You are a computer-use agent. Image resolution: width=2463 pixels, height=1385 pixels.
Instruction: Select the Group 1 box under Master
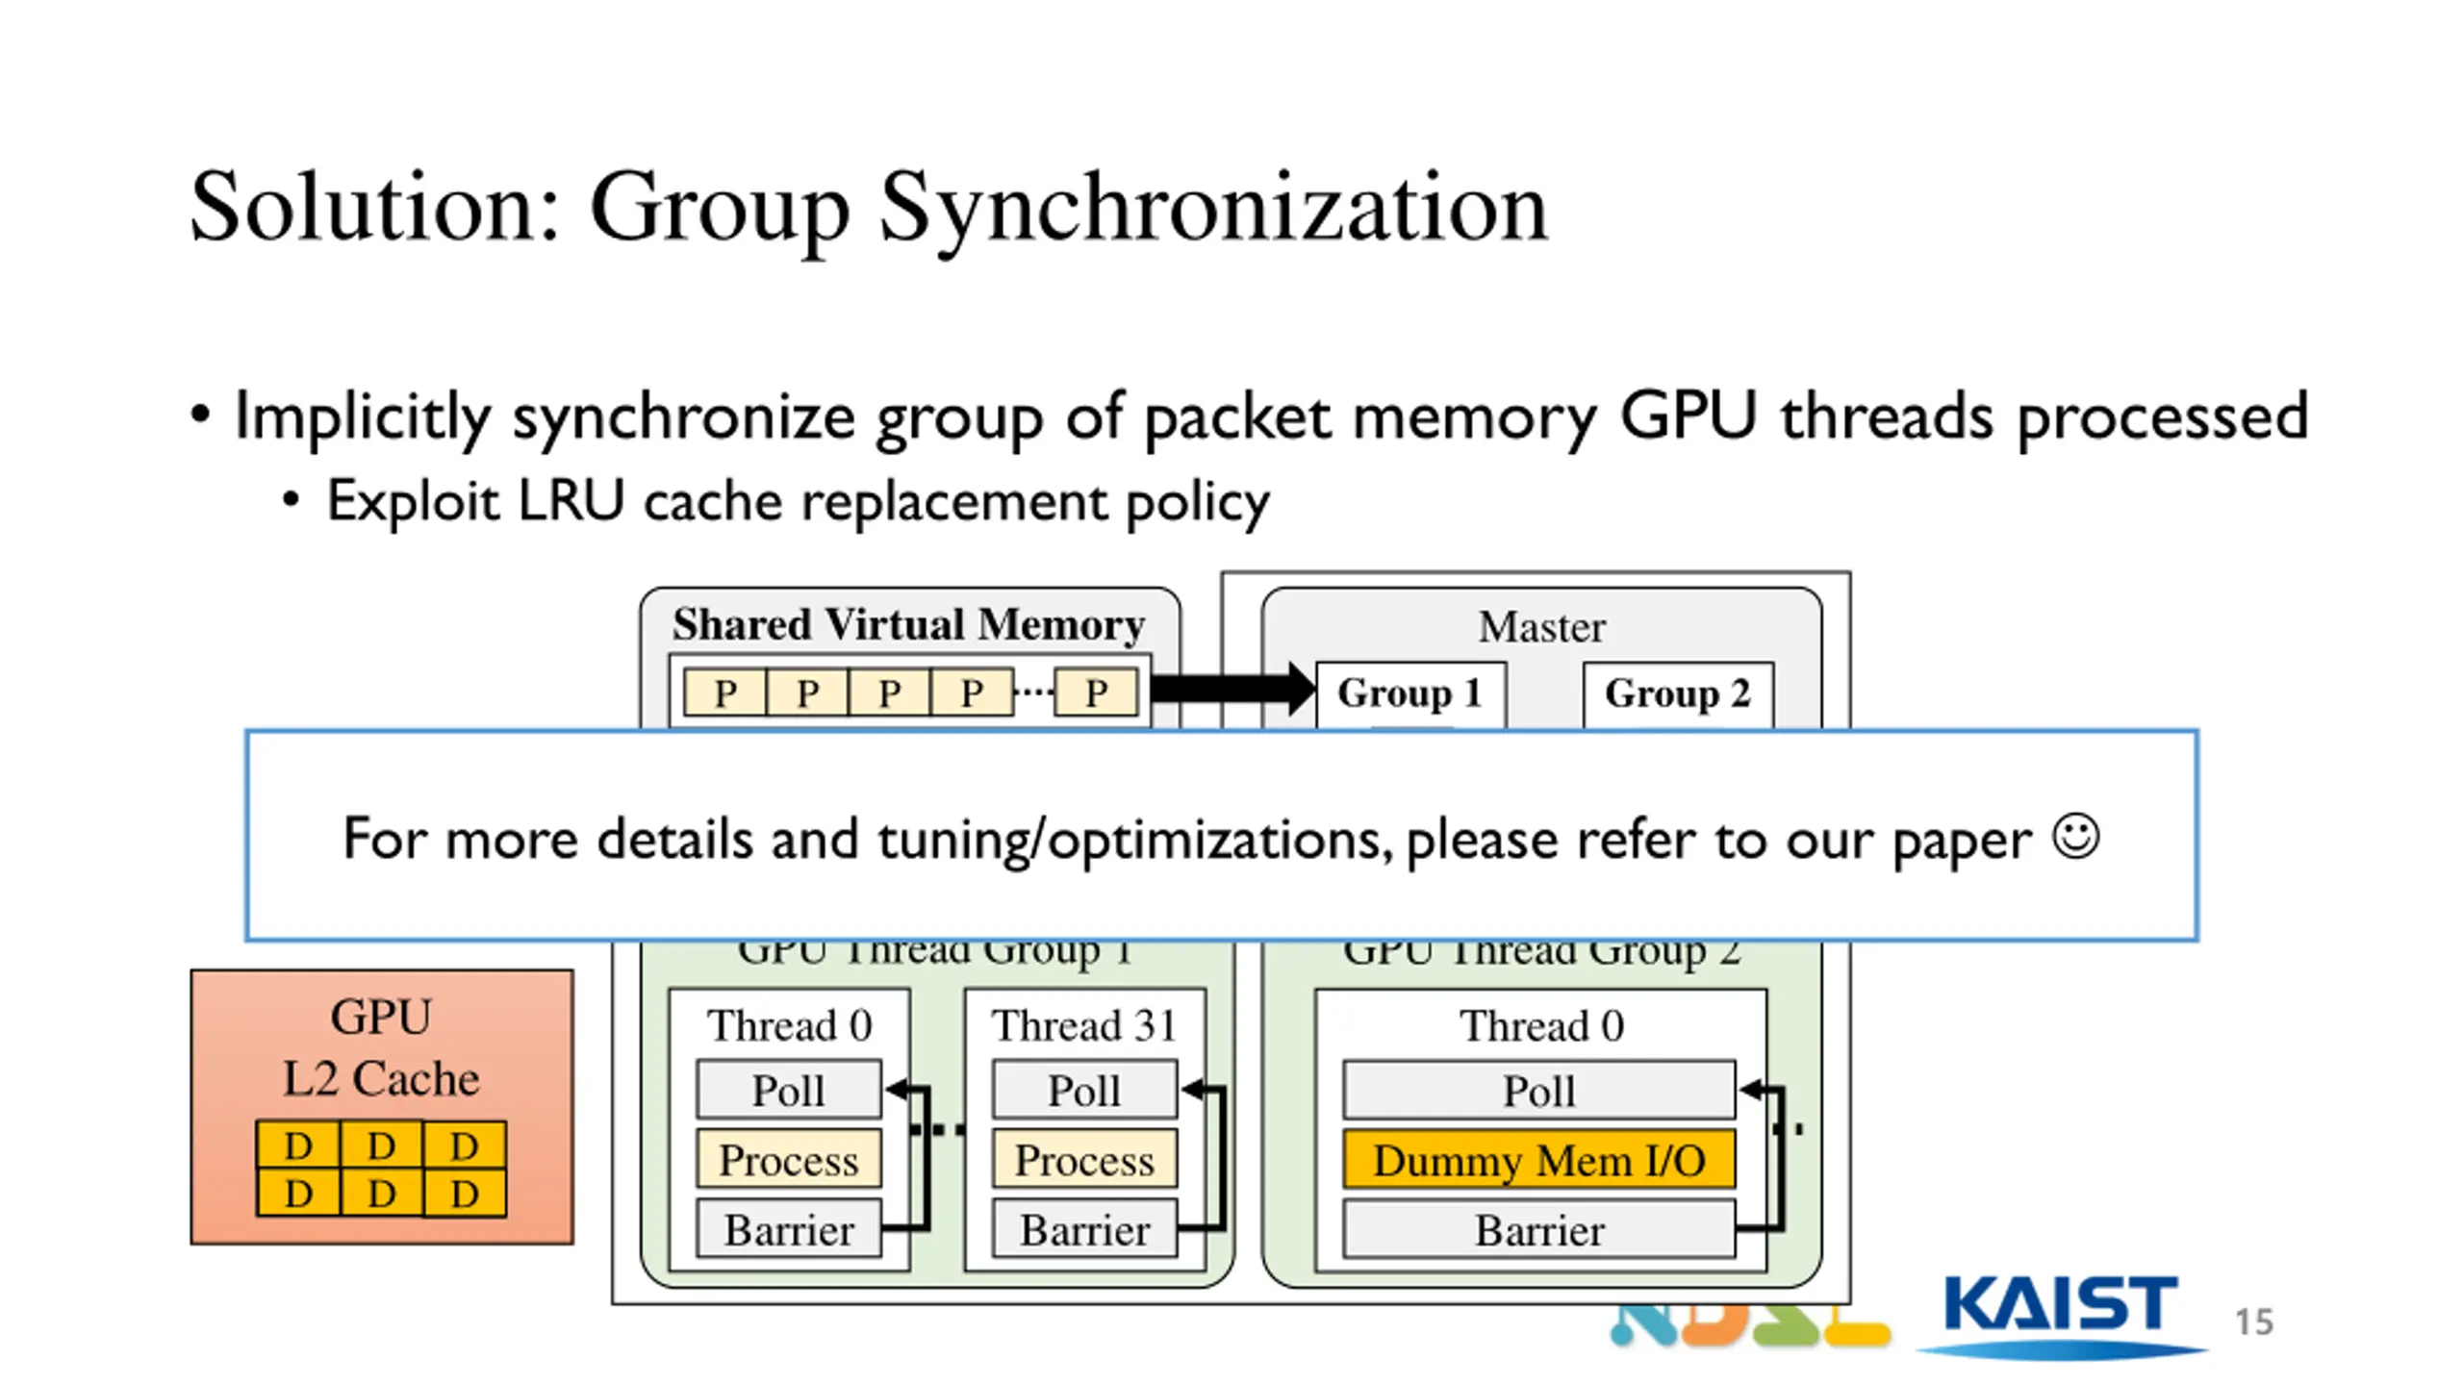pyautogui.click(x=1409, y=693)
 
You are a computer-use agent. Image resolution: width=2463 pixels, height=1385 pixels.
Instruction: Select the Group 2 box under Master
pyautogui.click(x=1677, y=693)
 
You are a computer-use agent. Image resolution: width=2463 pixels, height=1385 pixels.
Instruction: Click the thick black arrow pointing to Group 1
pyautogui.click(x=1231, y=689)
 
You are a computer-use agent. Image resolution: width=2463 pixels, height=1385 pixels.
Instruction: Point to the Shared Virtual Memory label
pyautogui.click(x=908, y=625)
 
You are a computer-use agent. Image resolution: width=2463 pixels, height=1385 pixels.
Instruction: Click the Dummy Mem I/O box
pyautogui.click(x=1538, y=1161)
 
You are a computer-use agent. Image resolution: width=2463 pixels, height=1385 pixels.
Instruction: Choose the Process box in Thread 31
pyautogui.click(x=1084, y=1161)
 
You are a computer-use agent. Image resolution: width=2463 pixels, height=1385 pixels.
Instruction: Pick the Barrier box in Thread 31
pyautogui.click(x=1084, y=1230)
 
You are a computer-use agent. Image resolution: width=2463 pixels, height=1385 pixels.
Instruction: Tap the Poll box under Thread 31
pyautogui.click(x=1084, y=1091)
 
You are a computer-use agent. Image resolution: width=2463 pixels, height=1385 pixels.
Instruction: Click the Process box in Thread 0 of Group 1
pyautogui.click(x=788, y=1161)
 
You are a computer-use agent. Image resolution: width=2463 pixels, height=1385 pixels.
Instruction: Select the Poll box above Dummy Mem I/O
pyautogui.click(x=1538, y=1091)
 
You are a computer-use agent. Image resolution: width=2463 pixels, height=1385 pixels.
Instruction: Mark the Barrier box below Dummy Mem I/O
pyautogui.click(x=1538, y=1230)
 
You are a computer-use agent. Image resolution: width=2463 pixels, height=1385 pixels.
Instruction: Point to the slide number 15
pyautogui.click(x=2253, y=1322)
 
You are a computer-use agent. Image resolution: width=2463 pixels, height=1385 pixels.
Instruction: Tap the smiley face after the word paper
pyautogui.click(x=2075, y=837)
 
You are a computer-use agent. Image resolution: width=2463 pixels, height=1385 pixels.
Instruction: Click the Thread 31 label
pyautogui.click(x=1084, y=1025)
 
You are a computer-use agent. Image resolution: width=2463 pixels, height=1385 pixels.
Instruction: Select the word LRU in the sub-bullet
pyautogui.click(x=571, y=501)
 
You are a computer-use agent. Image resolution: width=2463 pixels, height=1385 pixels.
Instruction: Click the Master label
pyautogui.click(x=1541, y=627)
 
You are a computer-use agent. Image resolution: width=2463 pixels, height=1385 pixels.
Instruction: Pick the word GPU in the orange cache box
pyautogui.click(x=381, y=1017)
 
